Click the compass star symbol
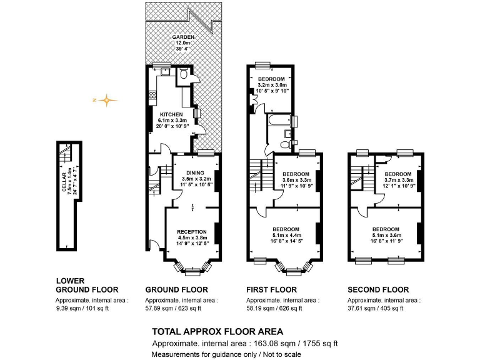pos(107,99)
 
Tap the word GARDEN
pos(184,37)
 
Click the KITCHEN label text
pos(170,115)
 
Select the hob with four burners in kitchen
pos(152,96)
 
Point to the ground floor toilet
pos(183,74)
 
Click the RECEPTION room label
pos(191,232)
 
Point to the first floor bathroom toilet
pos(286,144)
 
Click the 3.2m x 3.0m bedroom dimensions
pos(272,85)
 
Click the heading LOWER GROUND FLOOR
pos(87,285)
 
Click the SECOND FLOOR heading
pos(378,290)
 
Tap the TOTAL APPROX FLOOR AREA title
pos(217,331)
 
